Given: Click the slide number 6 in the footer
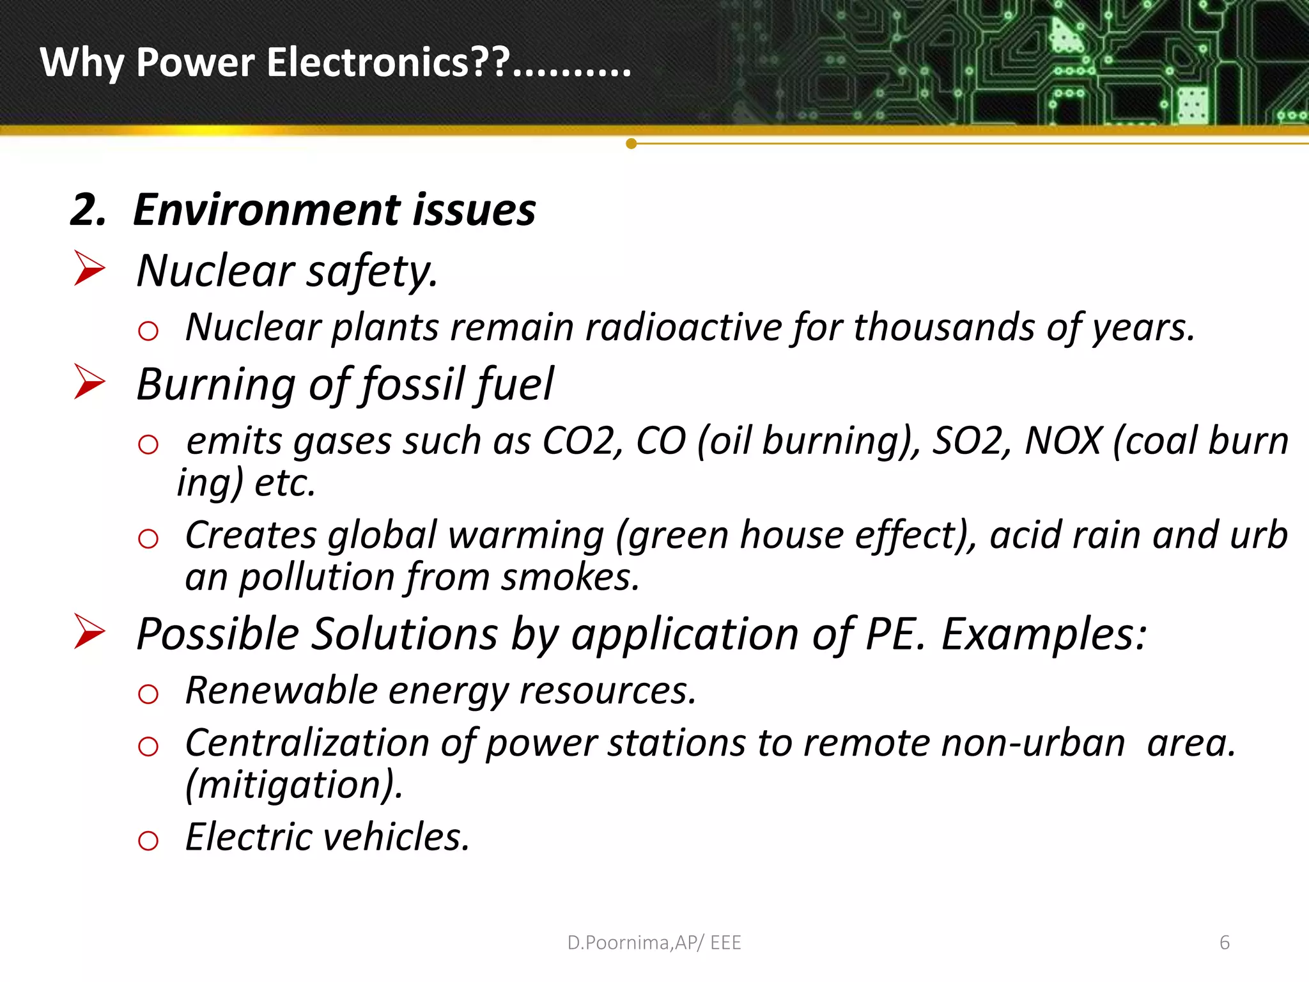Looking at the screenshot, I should [x=1225, y=942].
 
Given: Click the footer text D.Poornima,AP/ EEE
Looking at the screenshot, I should [x=654, y=942].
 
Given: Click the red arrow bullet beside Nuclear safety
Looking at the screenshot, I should [x=89, y=268].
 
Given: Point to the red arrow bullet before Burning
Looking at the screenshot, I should [x=89, y=382].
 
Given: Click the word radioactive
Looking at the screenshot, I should [x=683, y=327].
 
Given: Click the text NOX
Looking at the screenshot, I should [x=1063, y=440].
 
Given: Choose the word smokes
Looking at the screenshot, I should [x=569, y=577].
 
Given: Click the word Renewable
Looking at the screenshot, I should [x=281, y=690].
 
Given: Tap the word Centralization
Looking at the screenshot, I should [x=307, y=743].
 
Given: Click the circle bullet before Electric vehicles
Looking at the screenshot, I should [x=148, y=840].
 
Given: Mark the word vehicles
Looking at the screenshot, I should [x=397, y=837].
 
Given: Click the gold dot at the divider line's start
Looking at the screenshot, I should [x=631, y=144].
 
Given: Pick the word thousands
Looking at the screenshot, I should [x=944, y=327].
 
